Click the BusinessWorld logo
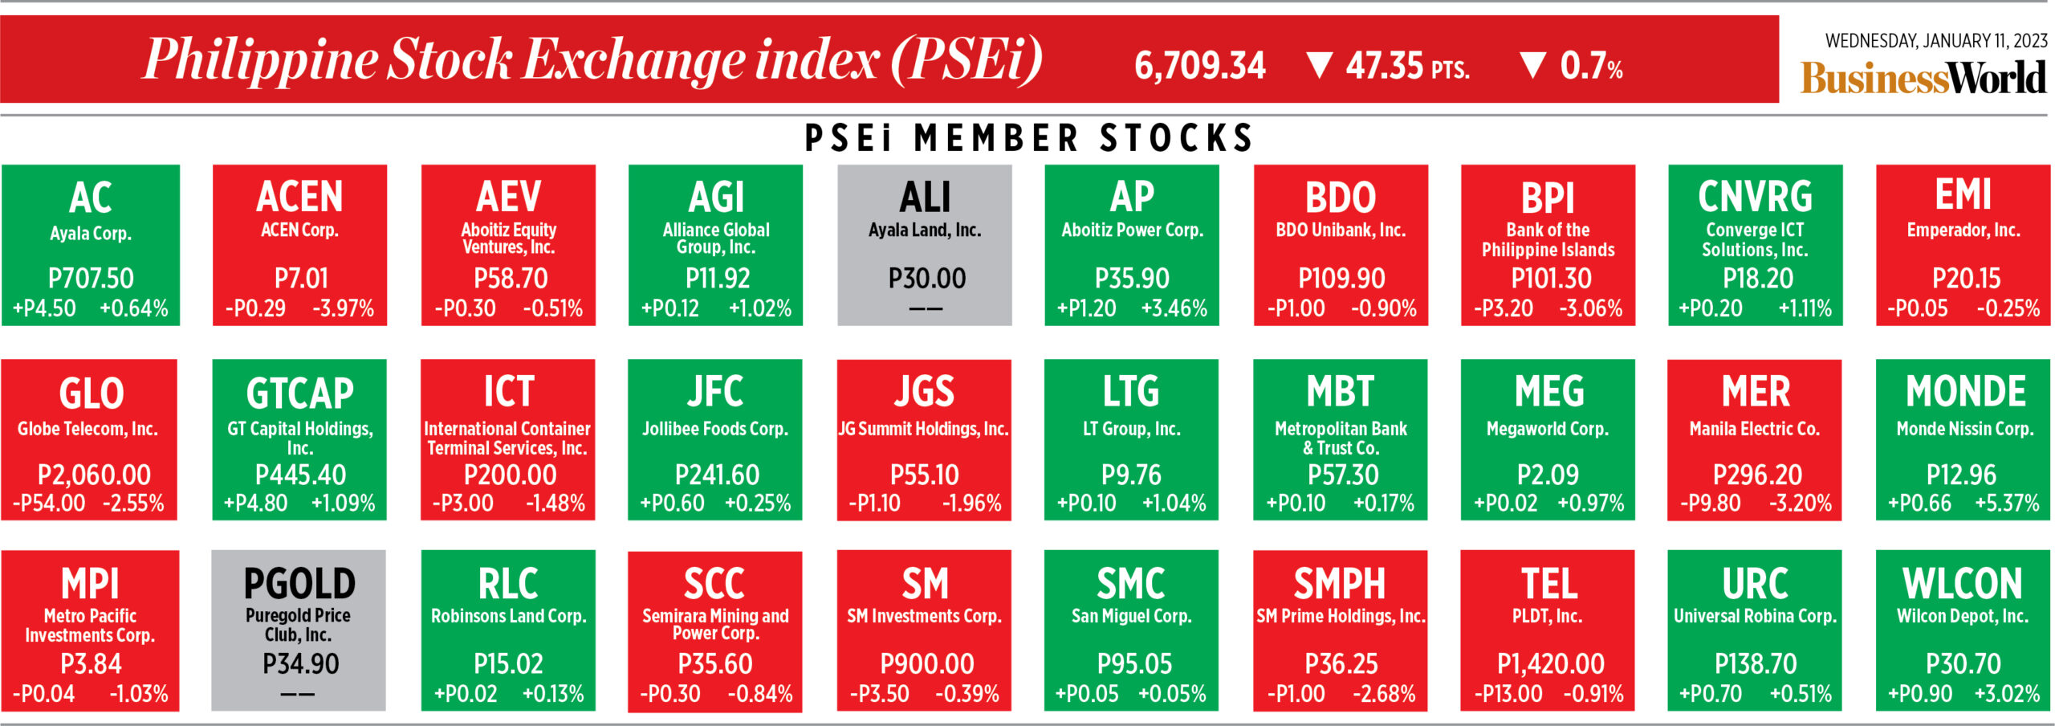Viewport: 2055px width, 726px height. (1923, 78)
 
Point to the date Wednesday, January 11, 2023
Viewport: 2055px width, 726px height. (1935, 40)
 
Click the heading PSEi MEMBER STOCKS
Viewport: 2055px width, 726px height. (1028, 138)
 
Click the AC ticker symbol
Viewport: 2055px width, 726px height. (90, 198)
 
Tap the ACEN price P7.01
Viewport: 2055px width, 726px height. (301, 279)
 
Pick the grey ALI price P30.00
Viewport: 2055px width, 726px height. (926, 279)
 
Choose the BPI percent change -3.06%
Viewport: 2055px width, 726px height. (1590, 308)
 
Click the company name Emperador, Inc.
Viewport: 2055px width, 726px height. (1963, 230)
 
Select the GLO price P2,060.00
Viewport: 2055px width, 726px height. (94, 475)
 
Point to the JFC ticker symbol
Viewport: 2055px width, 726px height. (714, 392)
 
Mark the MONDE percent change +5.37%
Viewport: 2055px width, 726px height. (2007, 504)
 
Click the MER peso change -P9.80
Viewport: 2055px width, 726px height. (1711, 504)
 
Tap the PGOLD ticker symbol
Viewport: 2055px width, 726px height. (299, 584)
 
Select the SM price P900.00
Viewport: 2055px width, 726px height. (926, 664)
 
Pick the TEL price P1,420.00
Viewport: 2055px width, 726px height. (1550, 664)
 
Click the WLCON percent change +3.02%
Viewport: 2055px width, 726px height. (2007, 694)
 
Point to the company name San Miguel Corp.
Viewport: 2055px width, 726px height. (1131, 617)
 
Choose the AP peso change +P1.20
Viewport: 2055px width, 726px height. (1086, 308)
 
